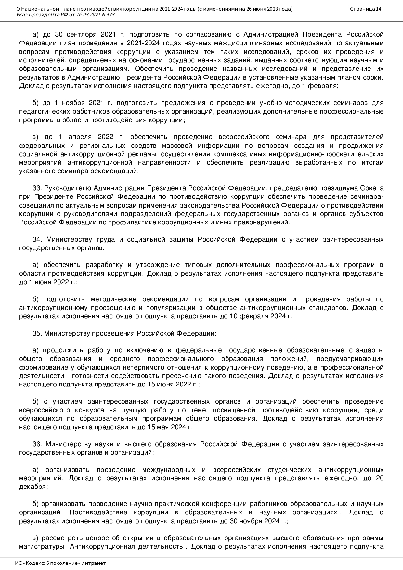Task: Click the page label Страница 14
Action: point(366,9)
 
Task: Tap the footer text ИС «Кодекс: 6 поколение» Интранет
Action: point(60,563)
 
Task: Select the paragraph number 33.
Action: point(37,188)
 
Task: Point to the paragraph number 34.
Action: point(37,239)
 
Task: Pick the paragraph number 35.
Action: point(37,333)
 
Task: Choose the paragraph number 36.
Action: point(37,444)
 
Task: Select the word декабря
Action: point(32,487)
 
